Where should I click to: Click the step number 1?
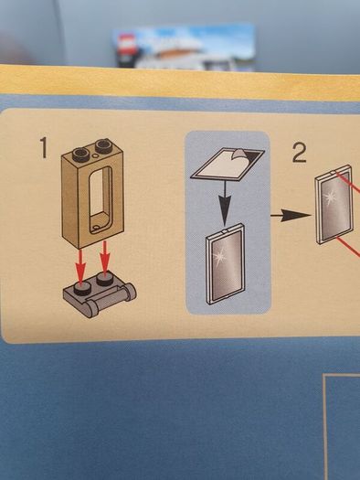(x=44, y=147)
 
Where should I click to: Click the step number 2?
(x=299, y=153)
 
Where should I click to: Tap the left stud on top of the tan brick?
(x=80, y=154)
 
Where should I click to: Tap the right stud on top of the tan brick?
(x=103, y=145)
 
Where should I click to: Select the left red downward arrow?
(x=80, y=266)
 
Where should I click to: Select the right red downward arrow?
(x=104, y=258)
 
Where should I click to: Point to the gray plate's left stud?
(x=82, y=288)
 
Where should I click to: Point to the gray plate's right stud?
(x=104, y=279)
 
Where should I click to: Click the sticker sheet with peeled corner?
(x=227, y=165)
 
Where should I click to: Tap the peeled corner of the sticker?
(x=240, y=155)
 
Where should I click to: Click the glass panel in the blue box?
(x=226, y=264)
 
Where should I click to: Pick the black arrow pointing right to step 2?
(x=290, y=215)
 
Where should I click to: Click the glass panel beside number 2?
(x=334, y=204)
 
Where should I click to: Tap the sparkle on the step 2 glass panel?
(x=331, y=197)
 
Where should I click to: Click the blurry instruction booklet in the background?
(x=184, y=48)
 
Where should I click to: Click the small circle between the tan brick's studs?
(x=96, y=156)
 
